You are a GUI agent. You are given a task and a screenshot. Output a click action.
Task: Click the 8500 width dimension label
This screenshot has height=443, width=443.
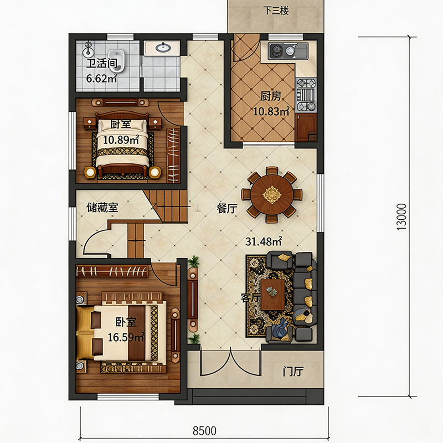pos(204,431)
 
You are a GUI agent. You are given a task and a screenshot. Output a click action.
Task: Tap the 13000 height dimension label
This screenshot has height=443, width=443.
pos(401,217)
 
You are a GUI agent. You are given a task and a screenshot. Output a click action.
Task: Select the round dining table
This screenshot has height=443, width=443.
pos(272,194)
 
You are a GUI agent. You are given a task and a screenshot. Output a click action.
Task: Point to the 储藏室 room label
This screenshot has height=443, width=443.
pos(102,208)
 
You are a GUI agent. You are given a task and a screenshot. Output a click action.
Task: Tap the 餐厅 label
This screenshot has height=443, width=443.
pos(227,209)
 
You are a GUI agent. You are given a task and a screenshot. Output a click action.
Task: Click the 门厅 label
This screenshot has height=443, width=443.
pos(293,371)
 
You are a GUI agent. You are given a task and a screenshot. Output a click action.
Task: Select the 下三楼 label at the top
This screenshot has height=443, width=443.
pos(276,11)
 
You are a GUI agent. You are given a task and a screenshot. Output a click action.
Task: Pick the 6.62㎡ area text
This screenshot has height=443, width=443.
pos(101,78)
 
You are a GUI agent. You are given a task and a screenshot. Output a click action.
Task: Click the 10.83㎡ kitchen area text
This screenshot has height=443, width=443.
pos(271,111)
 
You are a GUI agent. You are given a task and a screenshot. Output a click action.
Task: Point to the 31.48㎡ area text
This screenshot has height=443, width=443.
pos(264,241)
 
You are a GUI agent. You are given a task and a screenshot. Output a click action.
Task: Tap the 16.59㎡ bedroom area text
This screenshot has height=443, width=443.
pos(126,337)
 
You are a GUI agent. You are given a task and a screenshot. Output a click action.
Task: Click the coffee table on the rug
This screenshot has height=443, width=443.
pos(272,295)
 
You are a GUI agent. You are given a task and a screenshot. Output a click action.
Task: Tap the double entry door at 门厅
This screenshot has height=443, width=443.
pos(230,364)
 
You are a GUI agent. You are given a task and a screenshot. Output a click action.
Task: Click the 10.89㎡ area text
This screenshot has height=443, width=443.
pos(121,140)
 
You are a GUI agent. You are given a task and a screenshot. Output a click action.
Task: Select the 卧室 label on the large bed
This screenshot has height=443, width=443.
pos(126,322)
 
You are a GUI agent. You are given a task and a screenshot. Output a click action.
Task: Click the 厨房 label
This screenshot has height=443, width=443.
pos(271,96)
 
